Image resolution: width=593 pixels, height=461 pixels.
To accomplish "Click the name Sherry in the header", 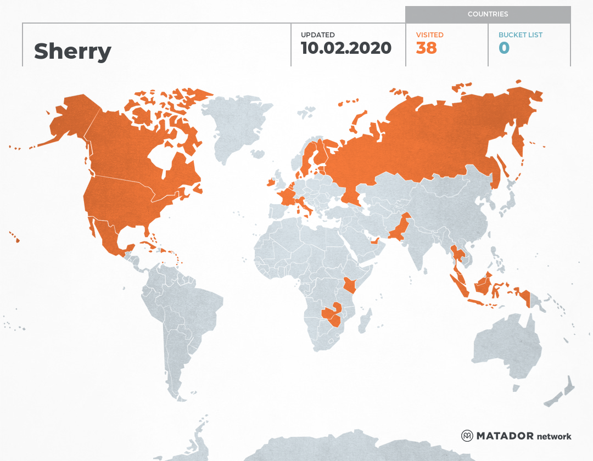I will click(72, 51).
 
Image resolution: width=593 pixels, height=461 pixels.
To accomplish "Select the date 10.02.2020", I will click(346, 48).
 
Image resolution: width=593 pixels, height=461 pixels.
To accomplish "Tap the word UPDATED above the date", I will click(317, 35).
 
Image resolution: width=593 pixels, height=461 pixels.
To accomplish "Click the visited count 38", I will click(426, 48).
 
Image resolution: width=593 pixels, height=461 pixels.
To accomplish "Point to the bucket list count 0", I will click(504, 48).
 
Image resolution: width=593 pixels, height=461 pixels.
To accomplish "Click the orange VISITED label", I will click(429, 35).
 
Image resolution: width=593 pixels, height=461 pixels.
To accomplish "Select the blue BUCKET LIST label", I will click(520, 35).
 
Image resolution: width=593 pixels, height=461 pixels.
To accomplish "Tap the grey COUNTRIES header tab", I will click(488, 14).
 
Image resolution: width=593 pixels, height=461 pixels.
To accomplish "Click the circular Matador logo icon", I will click(467, 436).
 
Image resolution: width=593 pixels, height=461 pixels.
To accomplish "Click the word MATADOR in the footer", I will click(505, 436).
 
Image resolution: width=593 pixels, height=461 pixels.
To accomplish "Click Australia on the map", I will click(508, 346).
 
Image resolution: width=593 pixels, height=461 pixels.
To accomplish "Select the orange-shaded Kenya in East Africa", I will click(349, 285).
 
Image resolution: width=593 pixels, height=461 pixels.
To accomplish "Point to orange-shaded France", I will click(287, 196).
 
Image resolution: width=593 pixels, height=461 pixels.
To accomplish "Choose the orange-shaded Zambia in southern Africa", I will click(331, 314).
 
